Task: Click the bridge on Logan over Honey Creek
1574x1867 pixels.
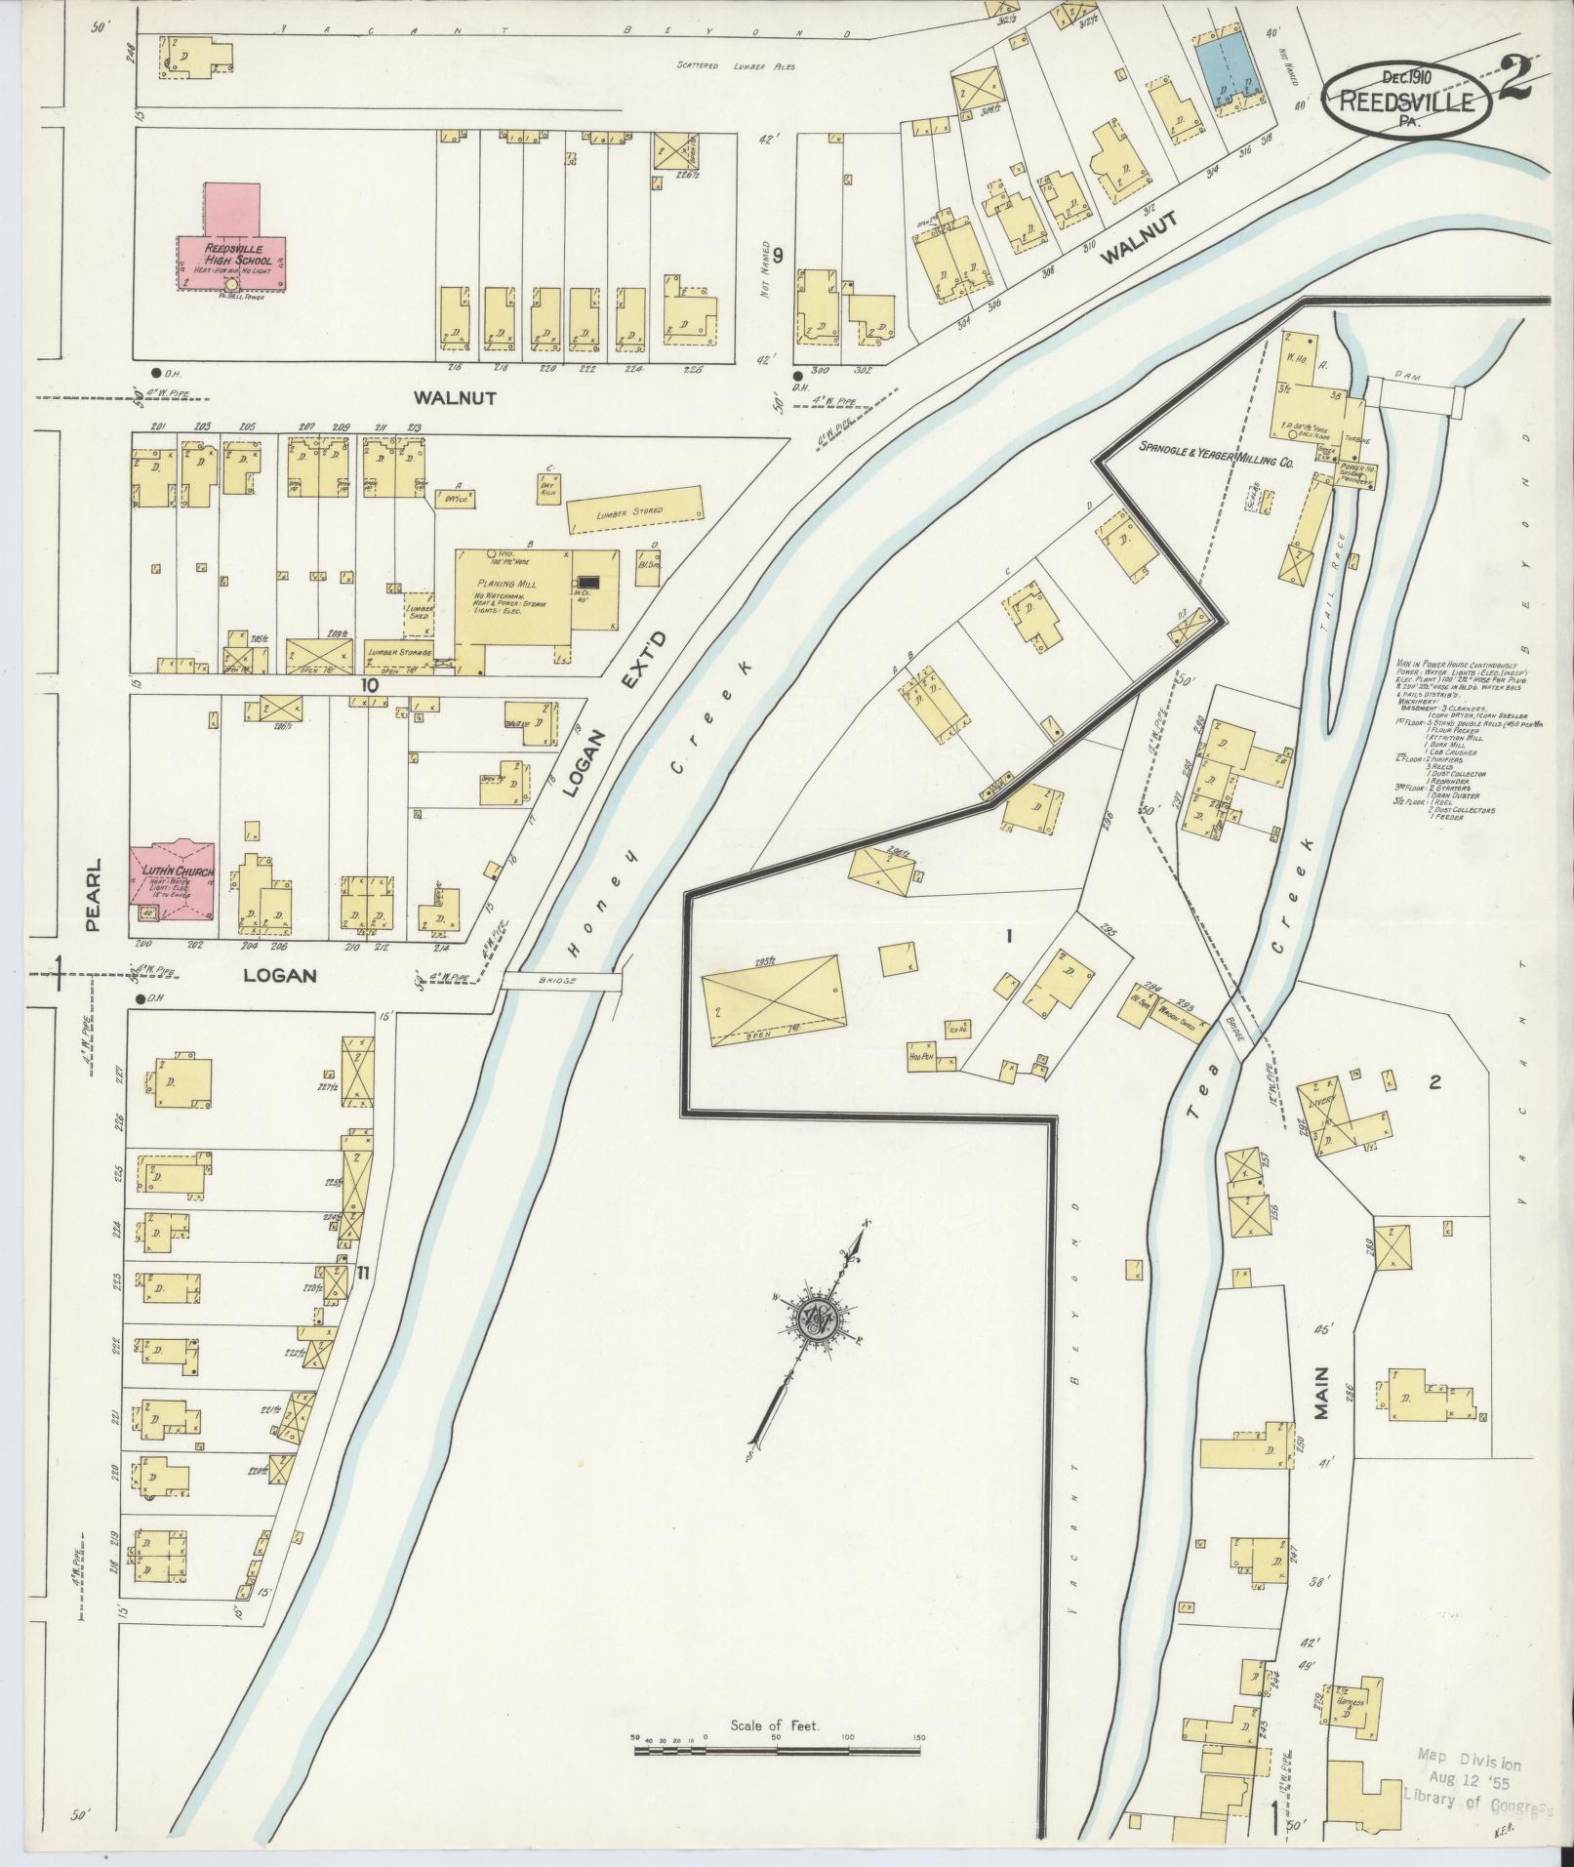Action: point(562,980)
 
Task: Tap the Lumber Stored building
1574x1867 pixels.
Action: point(635,509)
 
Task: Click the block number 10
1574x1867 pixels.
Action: point(368,685)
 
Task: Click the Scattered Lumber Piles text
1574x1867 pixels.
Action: point(737,66)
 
